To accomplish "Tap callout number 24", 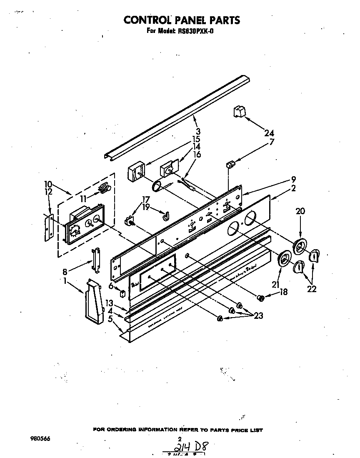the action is tap(270, 134).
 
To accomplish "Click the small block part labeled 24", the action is tap(239, 112).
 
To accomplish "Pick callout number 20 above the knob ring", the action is tap(300, 211).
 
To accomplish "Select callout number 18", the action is tap(283, 292).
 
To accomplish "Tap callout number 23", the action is tap(258, 316).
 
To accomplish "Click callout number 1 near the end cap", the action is tap(65, 281).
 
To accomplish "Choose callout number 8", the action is tap(65, 272).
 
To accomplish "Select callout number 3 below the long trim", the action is tap(198, 131).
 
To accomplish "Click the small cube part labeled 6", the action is tap(122, 293).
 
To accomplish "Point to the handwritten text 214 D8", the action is tap(190, 448).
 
